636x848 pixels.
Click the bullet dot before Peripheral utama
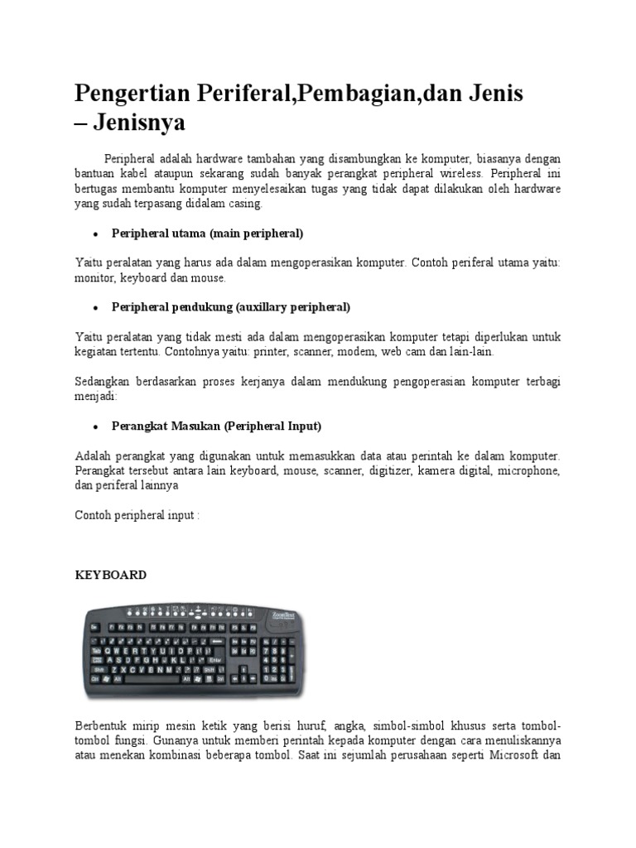[96, 234]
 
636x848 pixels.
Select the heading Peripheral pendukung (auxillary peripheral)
[231, 307]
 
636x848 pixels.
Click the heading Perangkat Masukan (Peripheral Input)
[216, 426]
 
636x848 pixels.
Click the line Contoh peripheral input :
[137, 514]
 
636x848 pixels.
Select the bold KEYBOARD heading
[111, 575]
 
